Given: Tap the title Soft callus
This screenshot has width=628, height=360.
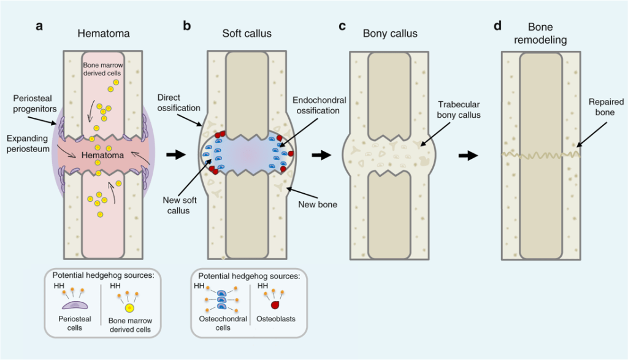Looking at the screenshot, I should (247, 33).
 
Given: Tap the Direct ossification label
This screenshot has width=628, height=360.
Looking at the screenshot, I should (179, 102).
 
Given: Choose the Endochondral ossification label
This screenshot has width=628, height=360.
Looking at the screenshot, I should (319, 105).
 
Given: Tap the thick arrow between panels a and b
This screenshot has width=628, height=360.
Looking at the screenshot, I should (176, 155).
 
